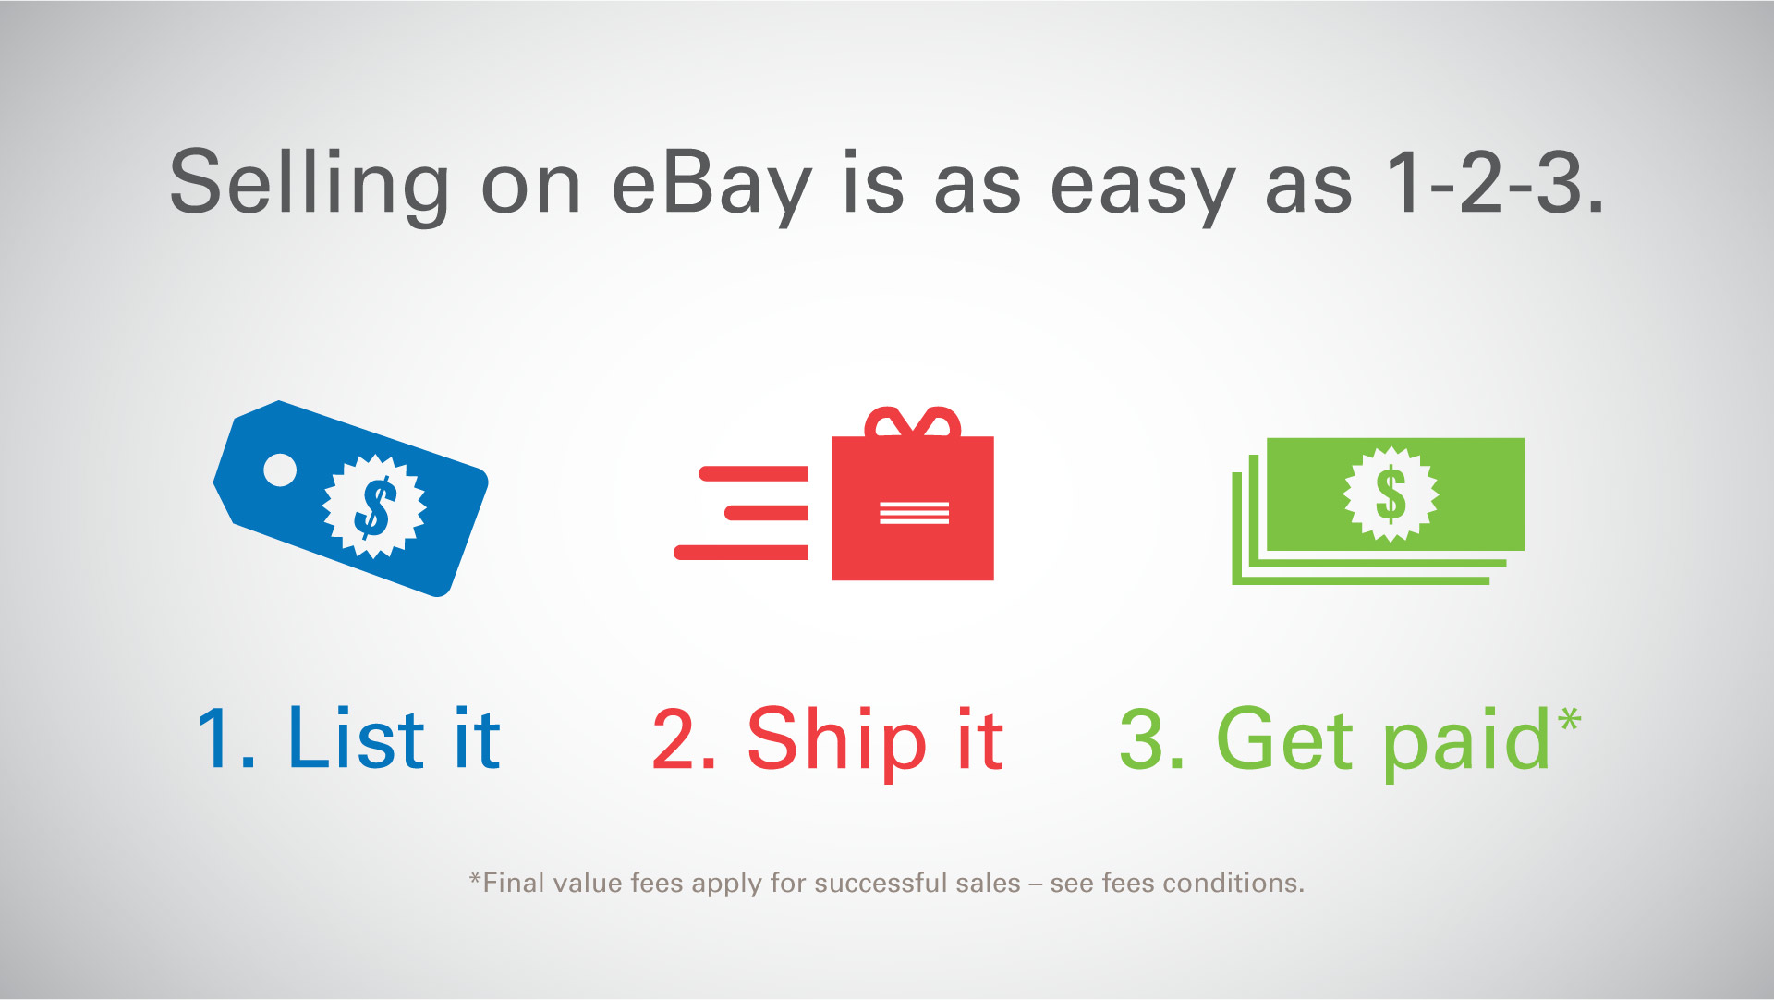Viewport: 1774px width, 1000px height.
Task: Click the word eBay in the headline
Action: pos(712,185)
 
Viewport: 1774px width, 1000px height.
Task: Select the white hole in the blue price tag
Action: pos(280,470)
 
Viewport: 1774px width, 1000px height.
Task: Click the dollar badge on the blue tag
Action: pos(374,506)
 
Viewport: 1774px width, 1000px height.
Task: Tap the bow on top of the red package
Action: pos(913,422)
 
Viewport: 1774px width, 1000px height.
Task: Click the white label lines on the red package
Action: pos(914,512)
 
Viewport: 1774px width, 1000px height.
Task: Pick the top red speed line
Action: pos(754,474)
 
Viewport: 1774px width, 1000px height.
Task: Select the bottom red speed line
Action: pos(741,553)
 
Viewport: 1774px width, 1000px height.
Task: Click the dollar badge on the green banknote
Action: pos(1391,494)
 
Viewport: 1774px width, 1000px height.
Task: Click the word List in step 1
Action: pos(357,738)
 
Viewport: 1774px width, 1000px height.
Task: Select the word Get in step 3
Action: pos(1285,738)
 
